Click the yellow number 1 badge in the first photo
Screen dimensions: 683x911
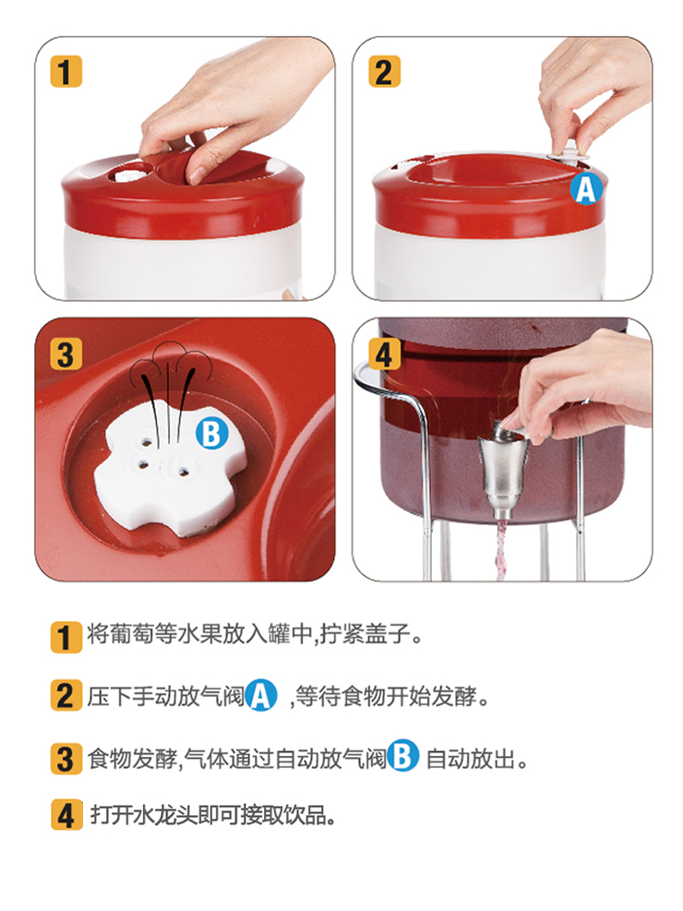pyautogui.click(x=66, y=72)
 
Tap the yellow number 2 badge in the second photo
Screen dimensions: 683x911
pyautogui.click(x=384, y=72)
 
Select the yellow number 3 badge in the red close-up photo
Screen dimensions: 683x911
pyautogui.click(x=66, y=354)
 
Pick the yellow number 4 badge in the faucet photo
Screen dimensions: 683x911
pyautogui.click(x=384, y=354)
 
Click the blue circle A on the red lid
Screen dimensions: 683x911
pyautogui.click(x=586, y=189)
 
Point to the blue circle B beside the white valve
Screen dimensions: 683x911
pyautogui.click(x=212, y=434)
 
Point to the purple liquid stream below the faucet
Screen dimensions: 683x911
pyautogui.click(x=501, y=549)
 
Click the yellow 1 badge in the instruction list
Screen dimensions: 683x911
pyautogui.click(x=66, y=637)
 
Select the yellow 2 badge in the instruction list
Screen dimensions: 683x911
pyautogui.click(x=66, y=695)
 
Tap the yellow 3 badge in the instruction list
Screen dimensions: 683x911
pyautogui.click(x=66, y=759)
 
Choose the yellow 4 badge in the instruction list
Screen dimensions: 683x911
pyautogui.click(x=66, y=815)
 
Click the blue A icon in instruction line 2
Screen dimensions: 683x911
pyautogui.click(x=261, y=695)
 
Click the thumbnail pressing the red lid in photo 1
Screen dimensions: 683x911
pyautogui.click(x=198, y=174)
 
